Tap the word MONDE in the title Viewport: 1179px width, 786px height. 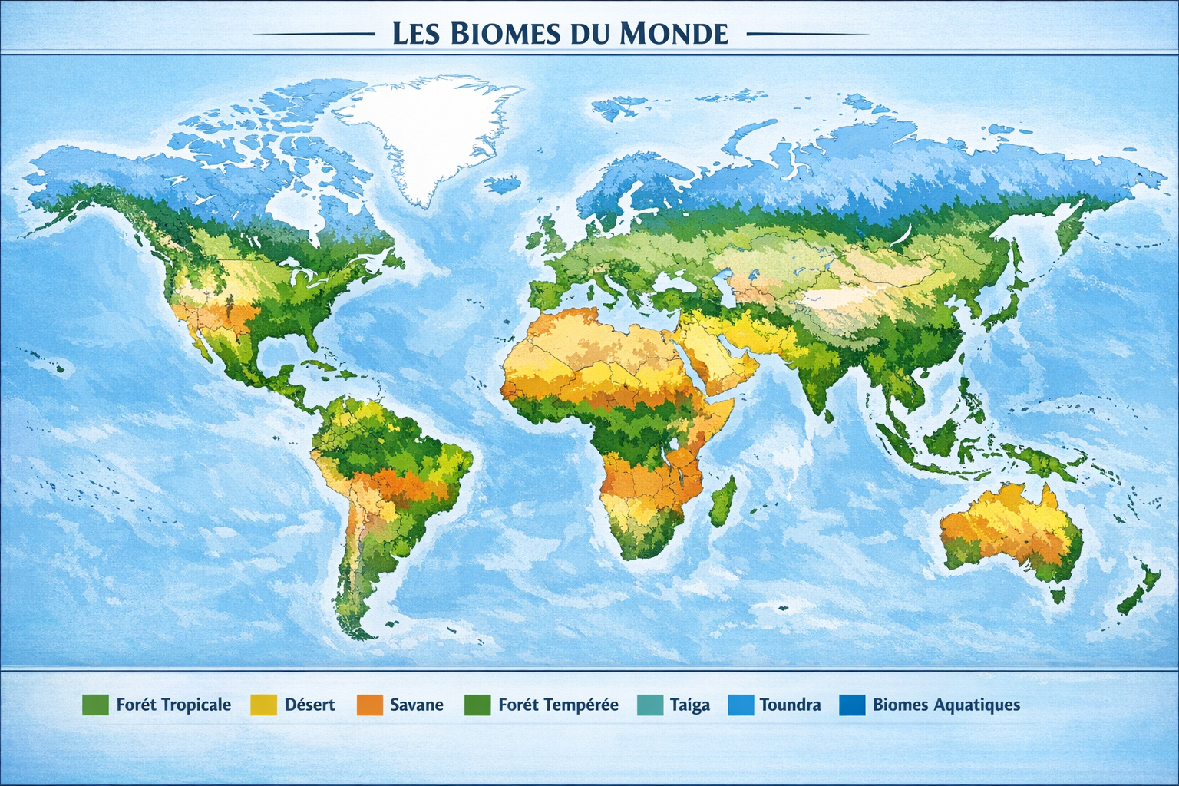[x=672, y=34]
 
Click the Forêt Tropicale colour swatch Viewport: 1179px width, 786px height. [x=95, y=705]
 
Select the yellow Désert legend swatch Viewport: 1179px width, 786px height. [x=263, y=705]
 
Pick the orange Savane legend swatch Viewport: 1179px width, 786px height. [x=370, y=705]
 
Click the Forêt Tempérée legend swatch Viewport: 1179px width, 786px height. [x=477, y=705]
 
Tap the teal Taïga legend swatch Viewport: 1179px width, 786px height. [x=650, y=705]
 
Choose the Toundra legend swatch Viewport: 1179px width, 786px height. [x=741, y=705]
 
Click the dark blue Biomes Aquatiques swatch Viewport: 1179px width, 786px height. [x=852, y=705]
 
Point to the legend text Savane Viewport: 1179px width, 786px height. [x=416, y=705]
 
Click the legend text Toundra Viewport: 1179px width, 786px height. [x=790, y=705]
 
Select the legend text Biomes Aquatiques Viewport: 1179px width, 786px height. [x=946, y=705]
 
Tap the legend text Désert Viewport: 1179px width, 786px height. [x=309, y=705]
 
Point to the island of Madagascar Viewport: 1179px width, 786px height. [x=722, y=501]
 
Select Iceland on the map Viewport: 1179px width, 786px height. [x=504, y=184]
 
